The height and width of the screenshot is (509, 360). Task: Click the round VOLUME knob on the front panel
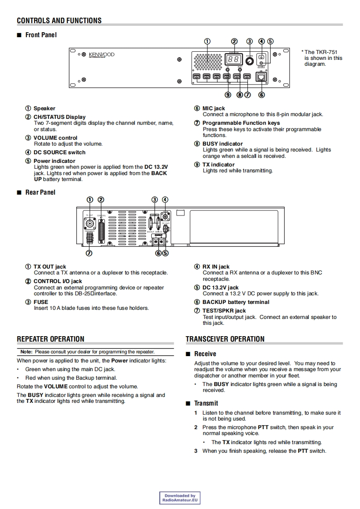click(249, 61)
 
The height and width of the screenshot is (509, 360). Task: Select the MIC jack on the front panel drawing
click(261, 77)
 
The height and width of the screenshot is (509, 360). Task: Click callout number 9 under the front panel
click(228, 95)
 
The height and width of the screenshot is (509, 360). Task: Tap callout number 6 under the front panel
click(261, 95)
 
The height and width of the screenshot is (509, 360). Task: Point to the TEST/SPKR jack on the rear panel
click(90, 238)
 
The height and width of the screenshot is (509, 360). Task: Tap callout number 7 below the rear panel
click(89, 253)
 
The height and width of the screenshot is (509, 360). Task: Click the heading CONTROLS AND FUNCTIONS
click(59, 20)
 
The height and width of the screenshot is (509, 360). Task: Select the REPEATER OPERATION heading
click(50, 339)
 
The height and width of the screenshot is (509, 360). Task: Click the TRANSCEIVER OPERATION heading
click(225, 339)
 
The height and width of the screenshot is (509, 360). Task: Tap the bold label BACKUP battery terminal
click(236, 302)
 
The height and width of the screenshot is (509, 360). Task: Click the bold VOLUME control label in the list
click(55, 138)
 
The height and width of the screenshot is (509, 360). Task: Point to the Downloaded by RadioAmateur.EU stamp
click(180, 498)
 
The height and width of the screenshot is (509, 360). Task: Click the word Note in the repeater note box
click(26, 352)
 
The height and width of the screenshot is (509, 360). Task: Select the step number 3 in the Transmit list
click(196, 451)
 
